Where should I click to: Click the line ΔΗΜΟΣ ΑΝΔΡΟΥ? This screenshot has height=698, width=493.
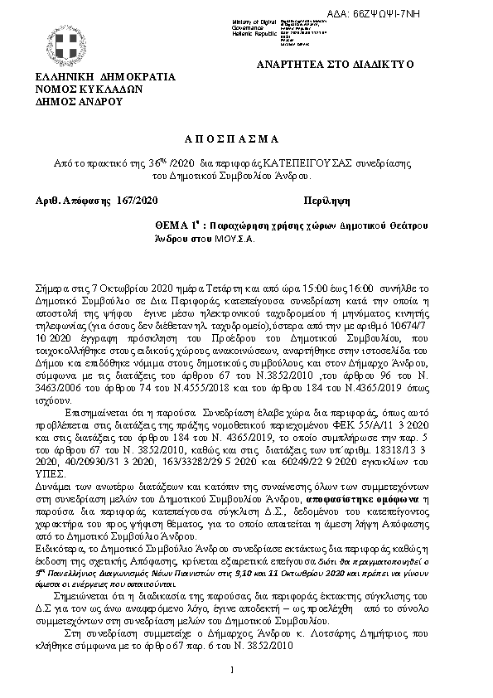click(x=78, y=101)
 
